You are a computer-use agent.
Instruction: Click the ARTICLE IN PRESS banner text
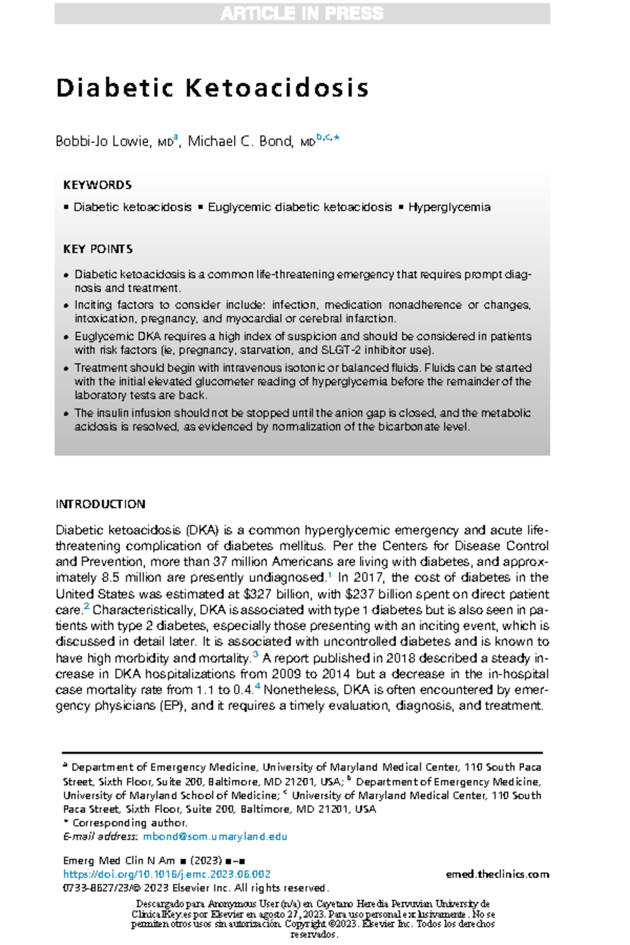coord(302,14)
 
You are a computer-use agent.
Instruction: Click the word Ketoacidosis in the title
coord(277,88)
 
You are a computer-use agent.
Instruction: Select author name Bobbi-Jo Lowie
coord(102,141)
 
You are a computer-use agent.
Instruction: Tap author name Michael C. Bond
coord(240,141)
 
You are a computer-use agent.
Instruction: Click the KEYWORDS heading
coord(97,185)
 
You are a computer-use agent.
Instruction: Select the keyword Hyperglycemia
coord(449,207)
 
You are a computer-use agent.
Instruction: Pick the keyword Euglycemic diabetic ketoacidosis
coord(300,207)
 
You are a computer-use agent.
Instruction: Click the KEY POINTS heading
coord(98,249)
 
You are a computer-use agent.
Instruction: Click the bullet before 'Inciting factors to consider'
coord(66,306)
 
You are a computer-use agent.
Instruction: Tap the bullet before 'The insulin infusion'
coord(66,414)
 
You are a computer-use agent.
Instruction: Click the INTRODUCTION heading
coord(100,504)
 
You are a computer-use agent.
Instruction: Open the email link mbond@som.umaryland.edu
coord(215,837)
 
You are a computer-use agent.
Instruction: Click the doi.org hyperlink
coord(166,874)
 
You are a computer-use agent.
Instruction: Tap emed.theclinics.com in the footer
coord(497,874)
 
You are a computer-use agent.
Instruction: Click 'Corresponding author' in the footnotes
coord(129,823)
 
